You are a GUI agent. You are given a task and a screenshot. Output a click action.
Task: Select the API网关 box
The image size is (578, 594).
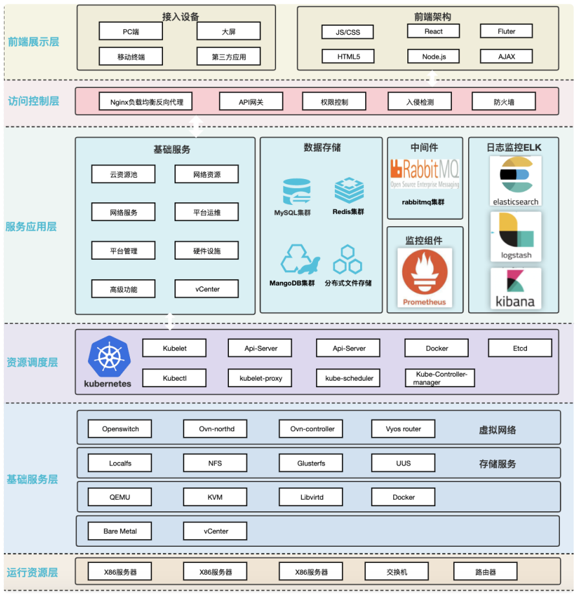pyautogui.click(x=251, y=101)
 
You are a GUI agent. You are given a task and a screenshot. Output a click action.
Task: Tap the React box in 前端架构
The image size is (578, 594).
pyautogui.click(x=433, y=31)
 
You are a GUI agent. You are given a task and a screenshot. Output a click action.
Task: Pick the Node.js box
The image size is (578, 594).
pyautogui.click(x=433, y=56)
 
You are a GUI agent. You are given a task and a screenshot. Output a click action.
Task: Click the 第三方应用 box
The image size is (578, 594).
pyautogui.click(x=228, y=56)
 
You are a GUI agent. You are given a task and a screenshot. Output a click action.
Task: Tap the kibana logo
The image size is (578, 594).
pyautogui.click(x=515, y=288)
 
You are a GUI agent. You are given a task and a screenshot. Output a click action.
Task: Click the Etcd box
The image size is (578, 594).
pyautogui.click(x=520, y=348)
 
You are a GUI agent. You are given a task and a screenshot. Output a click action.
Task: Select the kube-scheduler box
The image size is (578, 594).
pyautogui.click(x=348, y=378)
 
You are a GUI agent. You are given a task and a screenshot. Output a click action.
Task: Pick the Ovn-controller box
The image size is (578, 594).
pyautogui.click(x=312, y=429)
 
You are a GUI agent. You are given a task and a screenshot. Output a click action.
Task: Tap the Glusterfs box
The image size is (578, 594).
pyautogui.click(x=312, y=463)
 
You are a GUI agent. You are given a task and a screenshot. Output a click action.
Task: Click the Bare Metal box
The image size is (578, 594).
pyautogui.click(x=119, y=531)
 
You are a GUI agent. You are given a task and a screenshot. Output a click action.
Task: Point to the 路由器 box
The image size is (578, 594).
pyautogui.click(x=485, y=571)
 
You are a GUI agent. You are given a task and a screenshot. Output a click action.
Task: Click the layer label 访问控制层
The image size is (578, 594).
pyautogui.click(x=34, y=101)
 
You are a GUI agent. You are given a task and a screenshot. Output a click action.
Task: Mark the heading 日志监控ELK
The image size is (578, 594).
pyautogui.click(x=514, y=147)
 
